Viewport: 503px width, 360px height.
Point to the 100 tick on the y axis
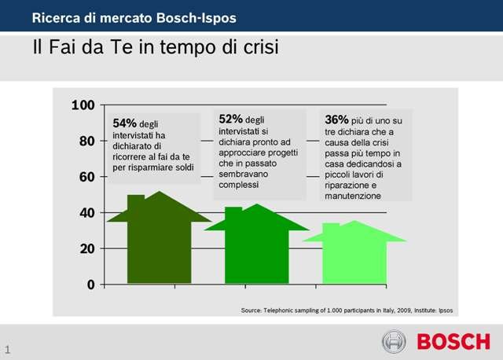click(83, 105)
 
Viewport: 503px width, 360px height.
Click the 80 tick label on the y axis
click(86, 141)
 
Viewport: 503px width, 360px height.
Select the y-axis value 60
click(86, 177)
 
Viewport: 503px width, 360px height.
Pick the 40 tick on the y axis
click(86, 213)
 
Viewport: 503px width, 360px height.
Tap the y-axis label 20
click(86, 248)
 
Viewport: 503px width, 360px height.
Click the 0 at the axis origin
click(90, 285)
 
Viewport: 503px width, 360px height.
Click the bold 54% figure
click(125, 123)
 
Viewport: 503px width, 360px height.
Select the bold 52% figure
click(231, 118)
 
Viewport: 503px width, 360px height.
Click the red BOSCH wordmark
click(453, 342)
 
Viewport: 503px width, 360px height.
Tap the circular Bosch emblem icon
click(394, 341)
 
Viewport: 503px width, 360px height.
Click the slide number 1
click(7, 349)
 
